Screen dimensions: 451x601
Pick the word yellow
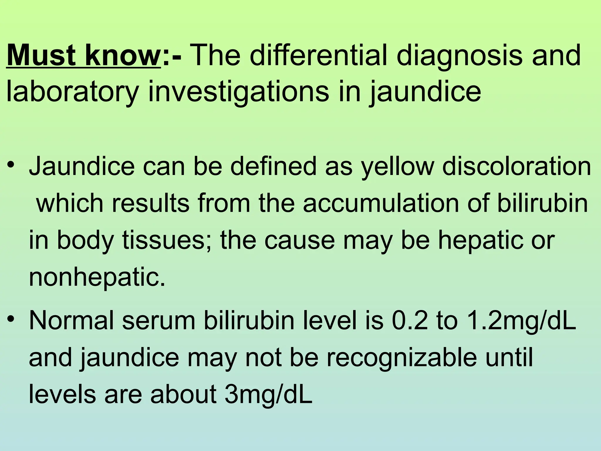(x=397, y=167)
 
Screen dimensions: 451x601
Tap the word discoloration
(x=517, y=166)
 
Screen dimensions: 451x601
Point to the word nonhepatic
(x=97, y=277)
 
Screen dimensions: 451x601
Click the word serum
(x=159, y=321)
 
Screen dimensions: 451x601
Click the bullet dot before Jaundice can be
(x=11, y=164)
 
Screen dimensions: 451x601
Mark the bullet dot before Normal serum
(x=11, y=319)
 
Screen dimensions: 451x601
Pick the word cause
(x=299, y=240)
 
